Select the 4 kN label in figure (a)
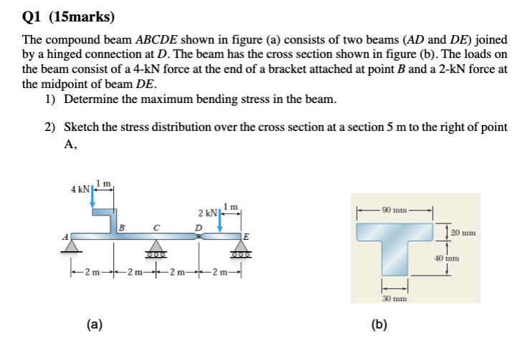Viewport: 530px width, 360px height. click(x=80, y=189)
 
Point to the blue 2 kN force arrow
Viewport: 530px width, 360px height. click(x=221, y=220)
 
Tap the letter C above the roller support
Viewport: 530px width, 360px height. click(x=155, y=227)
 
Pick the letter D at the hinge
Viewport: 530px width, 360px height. click(x=199, y=227)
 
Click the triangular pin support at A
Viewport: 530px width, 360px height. click(x=70, y=246)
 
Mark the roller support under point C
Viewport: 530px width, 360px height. click(x=155, y=249)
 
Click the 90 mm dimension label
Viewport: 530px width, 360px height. click(x=395, y=210)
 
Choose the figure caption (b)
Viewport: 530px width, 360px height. click(x=380, y=324)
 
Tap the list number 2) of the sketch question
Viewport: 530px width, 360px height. click(x=50, y=127)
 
